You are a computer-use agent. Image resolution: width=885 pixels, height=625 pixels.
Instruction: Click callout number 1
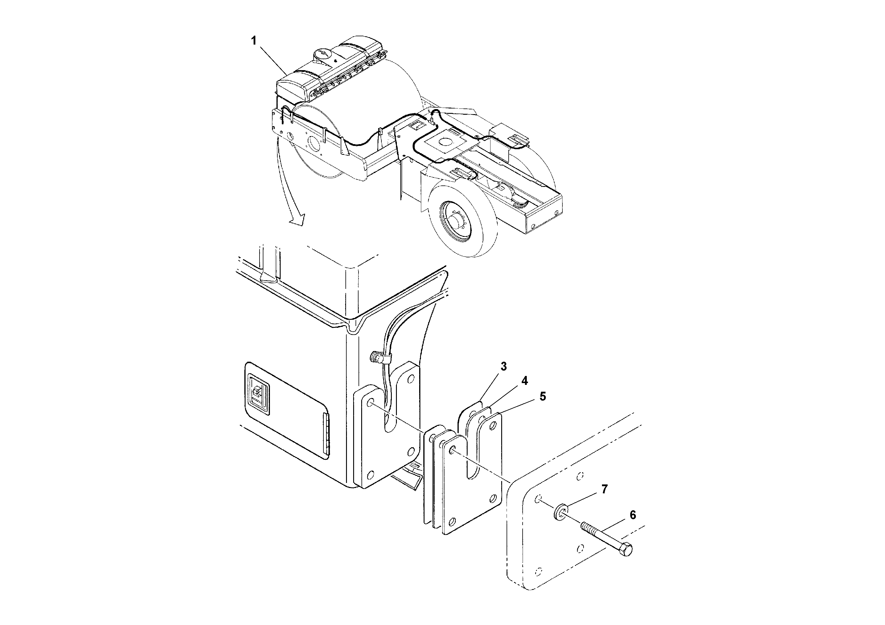pyautogui.click(x=254, y=41)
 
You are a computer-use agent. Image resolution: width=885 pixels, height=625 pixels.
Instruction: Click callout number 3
pyautogui.click(x=503, y=366)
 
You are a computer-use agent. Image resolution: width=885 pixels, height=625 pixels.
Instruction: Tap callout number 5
pyautogui.click(x=543, y=396)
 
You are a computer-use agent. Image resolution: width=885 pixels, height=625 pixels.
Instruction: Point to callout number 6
pyautogui.click(x=633, y=515)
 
